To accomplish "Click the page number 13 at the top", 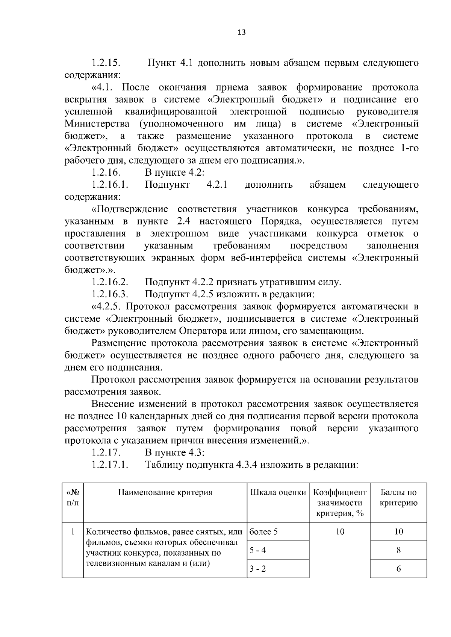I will click(241, 32).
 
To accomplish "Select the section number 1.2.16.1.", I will click(110, 185).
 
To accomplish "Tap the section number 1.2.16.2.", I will click(110, 282).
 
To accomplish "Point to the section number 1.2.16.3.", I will click(110, 294).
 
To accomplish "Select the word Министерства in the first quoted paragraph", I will click(97, 124).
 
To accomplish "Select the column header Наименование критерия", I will click(165, 492).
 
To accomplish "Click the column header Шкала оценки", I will click(278, 492).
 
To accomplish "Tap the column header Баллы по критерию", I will click(398, 498).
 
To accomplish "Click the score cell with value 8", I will click(398, 550).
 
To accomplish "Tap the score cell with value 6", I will click(398, 569).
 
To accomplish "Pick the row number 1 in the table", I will click(73, 532).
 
